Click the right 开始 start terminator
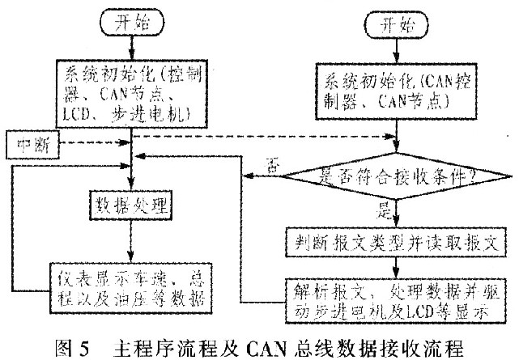click(x=395, y=25)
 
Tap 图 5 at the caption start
click(x=74, y=345)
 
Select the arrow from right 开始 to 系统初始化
click(x=395, y=54)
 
